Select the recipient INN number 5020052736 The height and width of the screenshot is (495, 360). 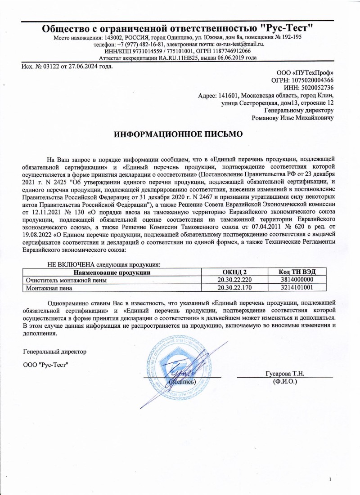click(315, 88)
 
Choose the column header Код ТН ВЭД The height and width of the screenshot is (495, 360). click(301, 272)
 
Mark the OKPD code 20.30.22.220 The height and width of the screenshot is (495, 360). click(234, 280)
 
